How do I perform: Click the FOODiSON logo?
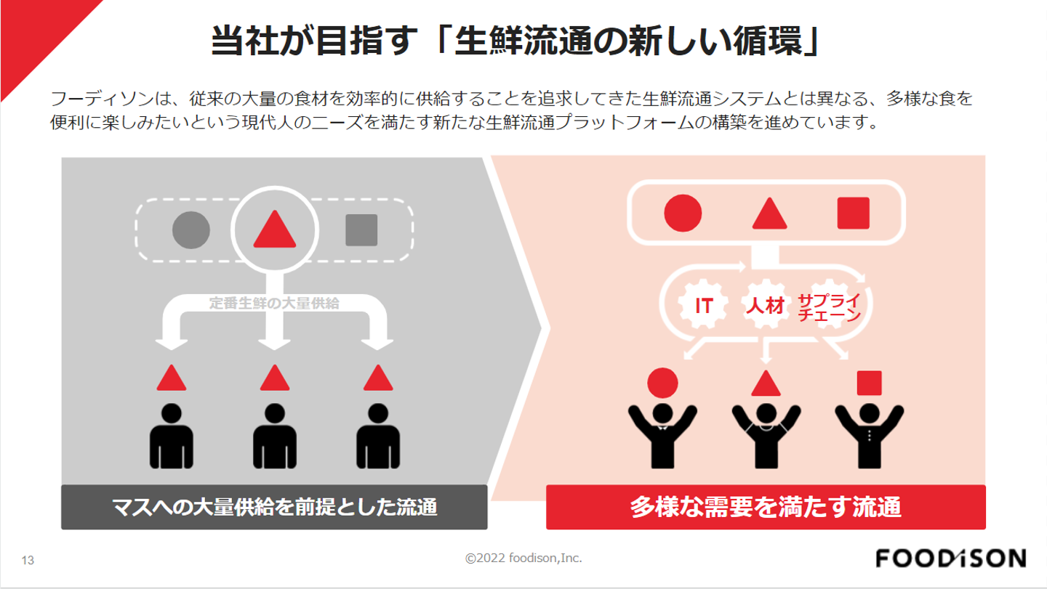950,558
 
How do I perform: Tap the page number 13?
29,561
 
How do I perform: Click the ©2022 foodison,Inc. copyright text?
523,558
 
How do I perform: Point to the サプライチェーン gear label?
829,307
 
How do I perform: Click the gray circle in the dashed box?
191,229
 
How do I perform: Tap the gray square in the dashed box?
361,229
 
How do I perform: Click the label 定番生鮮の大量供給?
274,304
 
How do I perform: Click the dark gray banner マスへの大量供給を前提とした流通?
274,507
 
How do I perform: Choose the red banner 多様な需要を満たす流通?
766,507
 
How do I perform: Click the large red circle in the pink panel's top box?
683,213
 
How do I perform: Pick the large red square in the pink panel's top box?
853,213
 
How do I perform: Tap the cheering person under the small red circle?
662,432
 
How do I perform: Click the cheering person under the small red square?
869,432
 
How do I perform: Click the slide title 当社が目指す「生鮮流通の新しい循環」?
517,42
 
